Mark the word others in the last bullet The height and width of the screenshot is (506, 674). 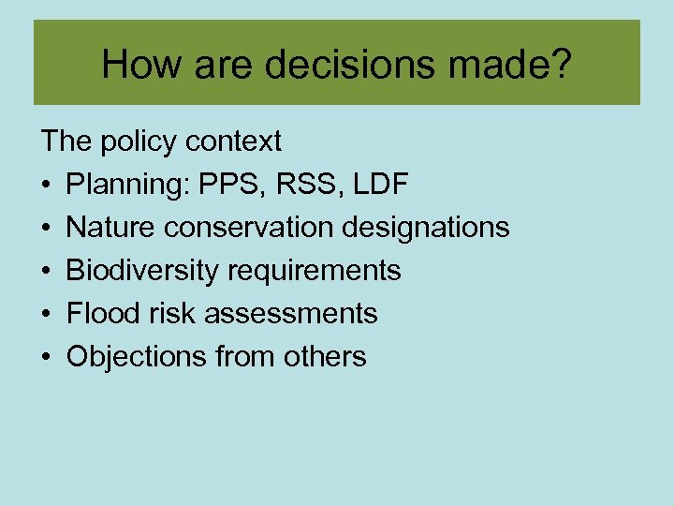coord(324,356)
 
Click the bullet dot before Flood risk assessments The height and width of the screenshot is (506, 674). coord(47,314)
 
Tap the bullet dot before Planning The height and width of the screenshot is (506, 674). coord(47,186)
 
